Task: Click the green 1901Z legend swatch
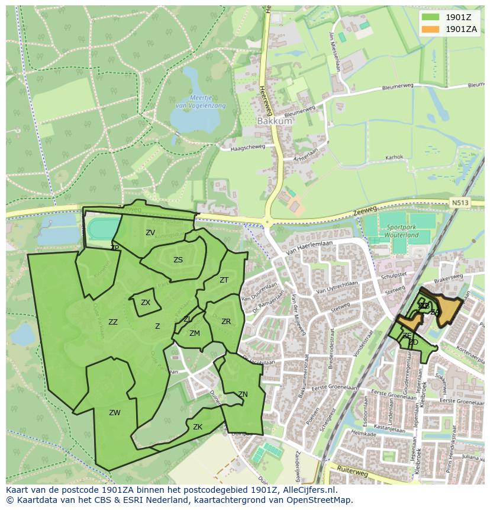click(x=431, y=17)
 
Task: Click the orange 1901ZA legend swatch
click(x=431, y=29)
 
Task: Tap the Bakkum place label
click(x=275, y=121)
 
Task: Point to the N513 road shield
click(x=460, y=203)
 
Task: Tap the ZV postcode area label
click(x=150, y=233)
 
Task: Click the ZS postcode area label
click(x=178, y=260)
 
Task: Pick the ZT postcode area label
click(x=224, y=280)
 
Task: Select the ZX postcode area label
click(x=146, y=303)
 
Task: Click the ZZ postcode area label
click(x=113, y=322)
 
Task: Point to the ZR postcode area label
click(x=226, y=322)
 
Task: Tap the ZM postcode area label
click(x=195, y=333)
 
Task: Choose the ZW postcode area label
click(x=115, y=413)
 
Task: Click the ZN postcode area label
click(x=243, y=394)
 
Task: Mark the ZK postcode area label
click(x=198, y=427)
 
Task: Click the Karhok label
click(x=394, y=158)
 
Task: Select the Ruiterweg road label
click(x=352, y=474)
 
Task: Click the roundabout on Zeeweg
click(x=267, y=223)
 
